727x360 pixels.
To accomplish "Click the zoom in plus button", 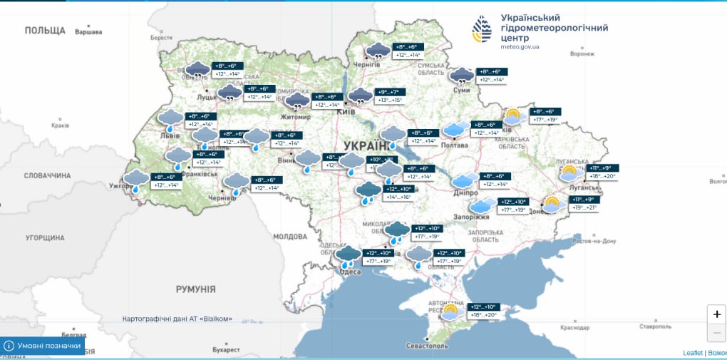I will [716, 314].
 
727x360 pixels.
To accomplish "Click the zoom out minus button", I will [716, 332].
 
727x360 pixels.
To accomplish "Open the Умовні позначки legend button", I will [43, 346].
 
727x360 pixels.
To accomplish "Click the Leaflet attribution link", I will [692, 353].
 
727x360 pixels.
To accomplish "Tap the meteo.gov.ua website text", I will [515, 47].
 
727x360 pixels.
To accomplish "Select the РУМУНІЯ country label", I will [195, 289].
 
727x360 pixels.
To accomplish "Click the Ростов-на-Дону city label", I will [593, 241].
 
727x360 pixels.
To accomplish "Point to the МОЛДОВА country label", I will [289, 236].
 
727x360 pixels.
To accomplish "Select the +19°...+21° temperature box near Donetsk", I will [584, 207].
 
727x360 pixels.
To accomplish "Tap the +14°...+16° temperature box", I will [398, 197].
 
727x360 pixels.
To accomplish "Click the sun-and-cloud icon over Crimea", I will [451, 311].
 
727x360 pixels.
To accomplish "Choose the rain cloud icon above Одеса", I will [349, 254].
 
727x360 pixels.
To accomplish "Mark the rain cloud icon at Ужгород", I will [136, 179].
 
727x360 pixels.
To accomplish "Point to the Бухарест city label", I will [226, 350].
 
